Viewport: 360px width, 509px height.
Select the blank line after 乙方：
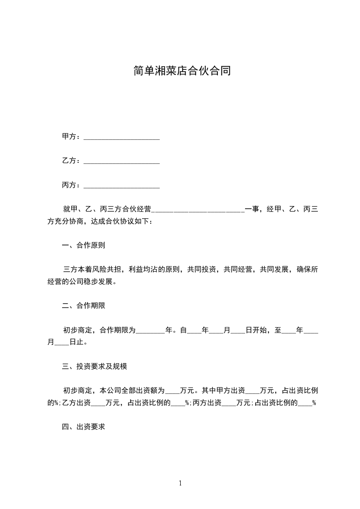coord(122,162)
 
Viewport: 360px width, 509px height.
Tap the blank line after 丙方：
coord(122,186)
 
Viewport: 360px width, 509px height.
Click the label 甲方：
coord(72,137)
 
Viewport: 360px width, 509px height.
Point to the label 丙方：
coord(72,185)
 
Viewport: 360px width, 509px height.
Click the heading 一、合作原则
coord(84,245)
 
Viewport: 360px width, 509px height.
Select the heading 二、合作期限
coord(84,306)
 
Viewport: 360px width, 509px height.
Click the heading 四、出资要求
coord(84,427)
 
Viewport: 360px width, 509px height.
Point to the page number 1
coord(180,484)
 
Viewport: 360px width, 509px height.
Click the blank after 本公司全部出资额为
coord(173,392)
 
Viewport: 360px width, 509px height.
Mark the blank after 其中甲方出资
coord(252,392)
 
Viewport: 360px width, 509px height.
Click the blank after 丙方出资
coord(229,404)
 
